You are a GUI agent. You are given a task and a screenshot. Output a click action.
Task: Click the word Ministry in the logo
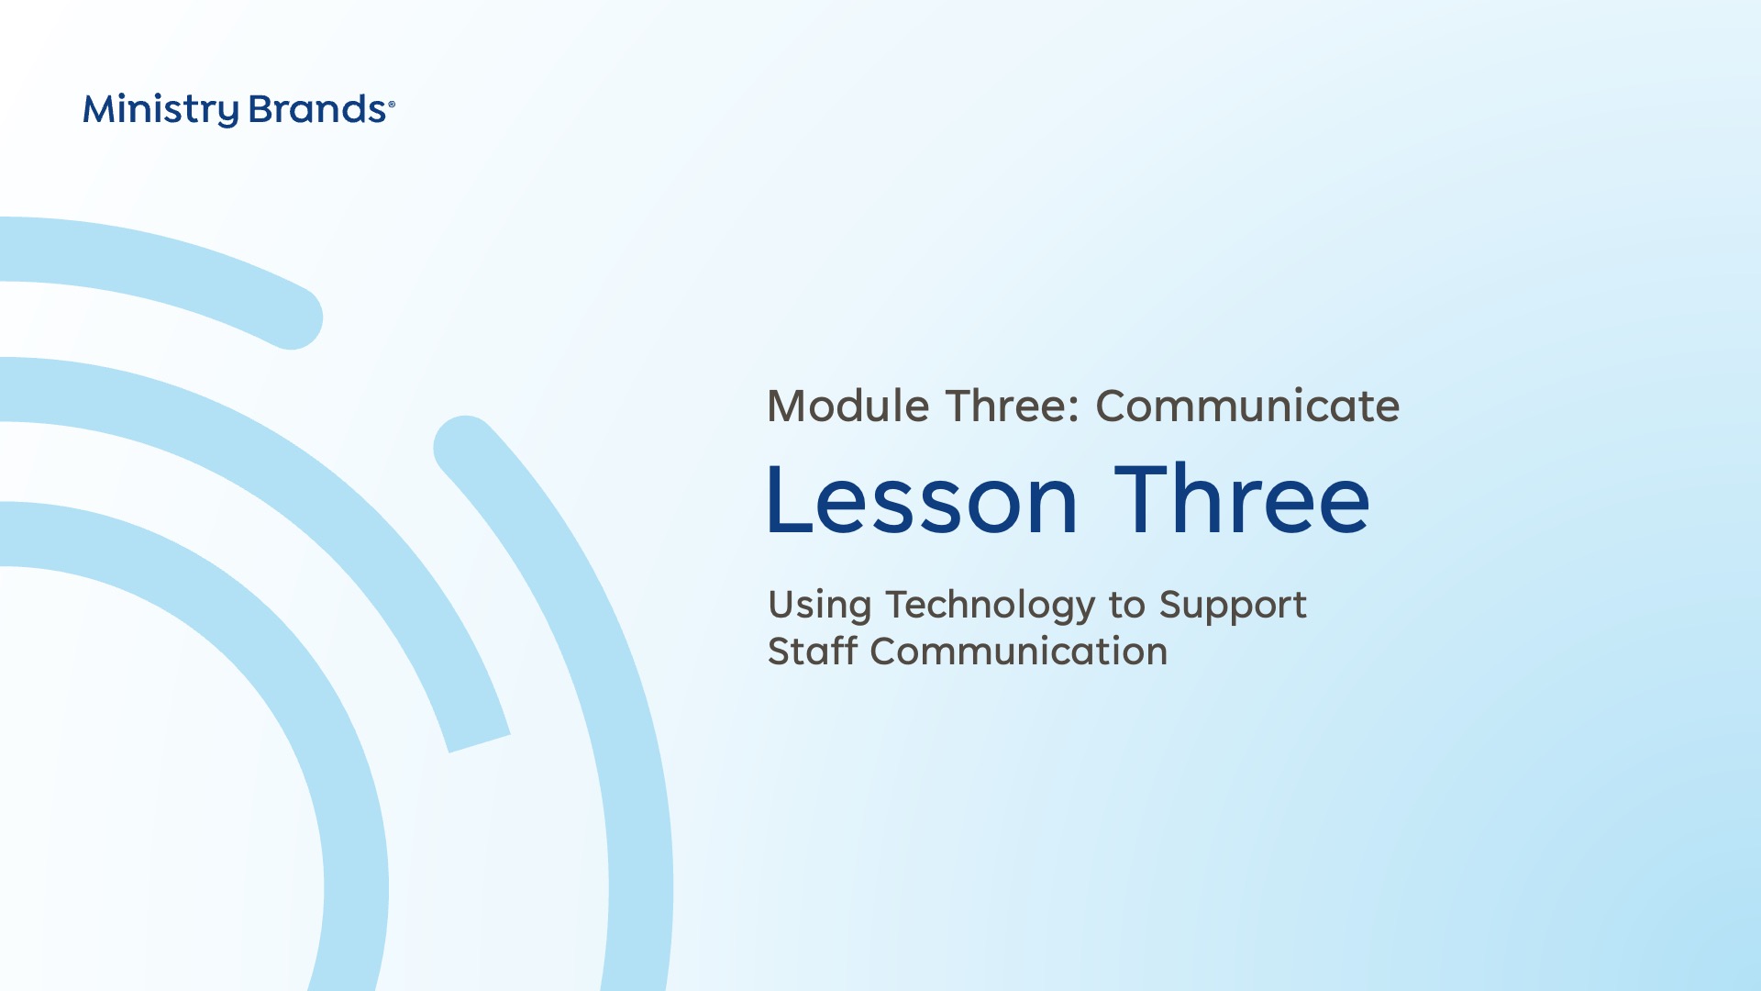161,110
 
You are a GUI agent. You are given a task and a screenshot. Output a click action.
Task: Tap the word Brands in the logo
317,109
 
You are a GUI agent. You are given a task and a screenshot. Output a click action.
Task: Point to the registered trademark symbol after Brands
392,105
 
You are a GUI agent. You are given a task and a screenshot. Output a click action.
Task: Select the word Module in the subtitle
848,406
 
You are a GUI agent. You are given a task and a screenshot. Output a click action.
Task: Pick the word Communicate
1247,406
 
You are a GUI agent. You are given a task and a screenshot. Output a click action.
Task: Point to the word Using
820,607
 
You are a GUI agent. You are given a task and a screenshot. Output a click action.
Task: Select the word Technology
991,607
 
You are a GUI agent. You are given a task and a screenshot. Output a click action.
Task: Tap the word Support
1233,607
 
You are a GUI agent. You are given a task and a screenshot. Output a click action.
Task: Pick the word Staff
813,651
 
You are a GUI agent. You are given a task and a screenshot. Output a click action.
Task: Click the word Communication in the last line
1019,651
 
